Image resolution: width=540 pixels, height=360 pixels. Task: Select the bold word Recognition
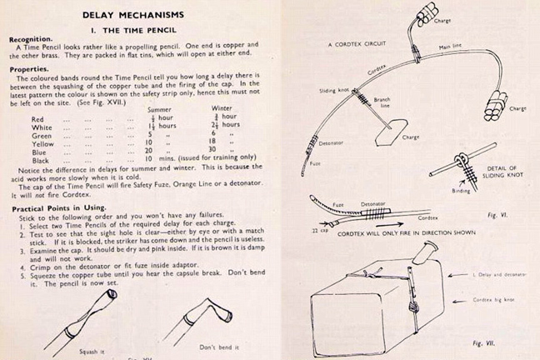31,39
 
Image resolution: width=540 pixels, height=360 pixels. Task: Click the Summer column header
158,109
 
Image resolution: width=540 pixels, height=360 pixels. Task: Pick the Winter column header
220,109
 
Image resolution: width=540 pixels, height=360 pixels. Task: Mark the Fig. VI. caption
497,214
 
